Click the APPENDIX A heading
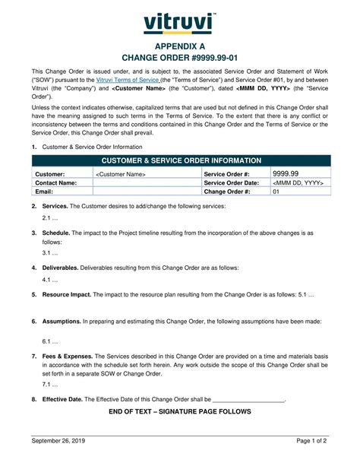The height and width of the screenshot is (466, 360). point(180,47)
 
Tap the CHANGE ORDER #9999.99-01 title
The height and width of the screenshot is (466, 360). point(180,60)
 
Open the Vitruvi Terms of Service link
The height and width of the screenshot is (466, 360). point(128,80)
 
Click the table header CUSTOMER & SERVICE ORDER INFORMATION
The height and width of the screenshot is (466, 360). point(180,161)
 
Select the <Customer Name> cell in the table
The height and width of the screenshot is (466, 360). point(121,174)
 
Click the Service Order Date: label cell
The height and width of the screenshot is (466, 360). point(232,183)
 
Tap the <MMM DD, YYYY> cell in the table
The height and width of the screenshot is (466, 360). point(298,183)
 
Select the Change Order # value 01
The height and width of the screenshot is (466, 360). point(276,192)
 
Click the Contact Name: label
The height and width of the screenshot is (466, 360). point(55,183)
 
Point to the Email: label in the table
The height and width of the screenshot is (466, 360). point(45,192)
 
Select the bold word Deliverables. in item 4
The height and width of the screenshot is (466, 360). point(61,268)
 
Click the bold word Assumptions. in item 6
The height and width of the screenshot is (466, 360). point(62,321)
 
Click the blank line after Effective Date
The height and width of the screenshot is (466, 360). point(248,398)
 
